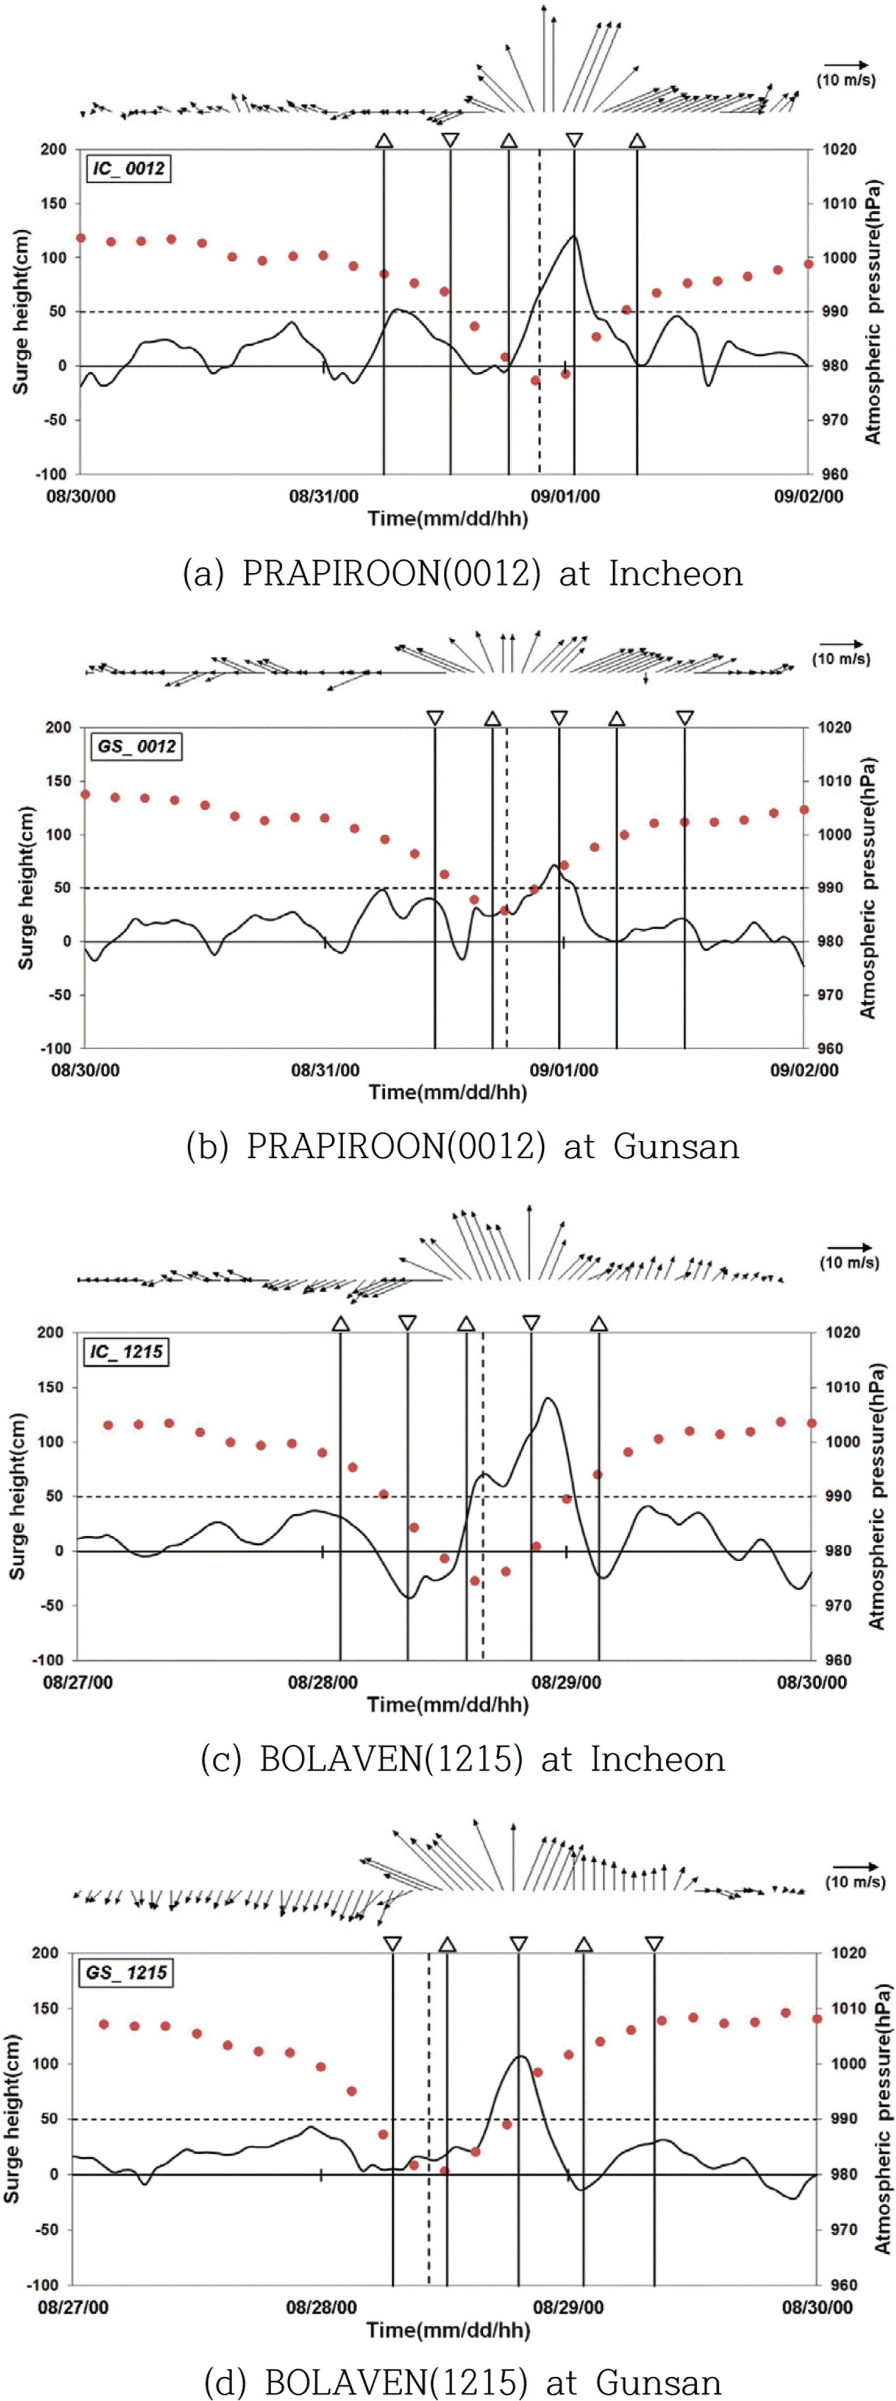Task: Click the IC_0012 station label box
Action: point(130,169)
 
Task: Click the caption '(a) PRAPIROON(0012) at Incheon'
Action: point(462,573)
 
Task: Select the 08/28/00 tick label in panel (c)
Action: point(323,1682)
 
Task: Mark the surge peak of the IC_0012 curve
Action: point(573,236)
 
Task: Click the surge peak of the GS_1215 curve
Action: point(520,2056)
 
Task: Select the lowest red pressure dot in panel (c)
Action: point(474,1581)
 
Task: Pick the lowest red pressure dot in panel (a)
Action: point(535,380)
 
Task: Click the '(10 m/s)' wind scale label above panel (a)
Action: point(846,80)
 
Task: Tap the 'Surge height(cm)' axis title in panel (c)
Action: point(17,1496)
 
